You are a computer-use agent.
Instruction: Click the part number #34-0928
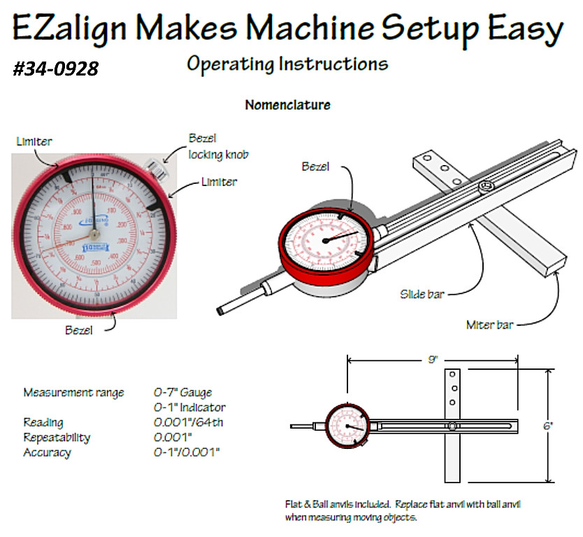point(55,69)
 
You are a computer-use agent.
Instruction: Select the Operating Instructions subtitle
point(287,64)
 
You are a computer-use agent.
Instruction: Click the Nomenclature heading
point(287,105)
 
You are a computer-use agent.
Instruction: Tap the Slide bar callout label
point(419,294)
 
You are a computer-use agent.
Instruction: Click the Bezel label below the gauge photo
point(79,330)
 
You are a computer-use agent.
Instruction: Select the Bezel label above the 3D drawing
point(315,166)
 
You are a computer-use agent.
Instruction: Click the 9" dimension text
point(433,359)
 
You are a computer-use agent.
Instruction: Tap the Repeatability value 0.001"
point(173,437)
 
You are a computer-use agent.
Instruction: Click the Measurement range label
point(73,392)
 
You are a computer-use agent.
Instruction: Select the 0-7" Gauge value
point(182,392)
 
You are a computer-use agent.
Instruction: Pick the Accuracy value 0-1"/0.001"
point(187,452)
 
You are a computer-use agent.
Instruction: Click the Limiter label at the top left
point(34,142)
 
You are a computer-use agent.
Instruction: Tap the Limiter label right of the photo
point(219,182)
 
